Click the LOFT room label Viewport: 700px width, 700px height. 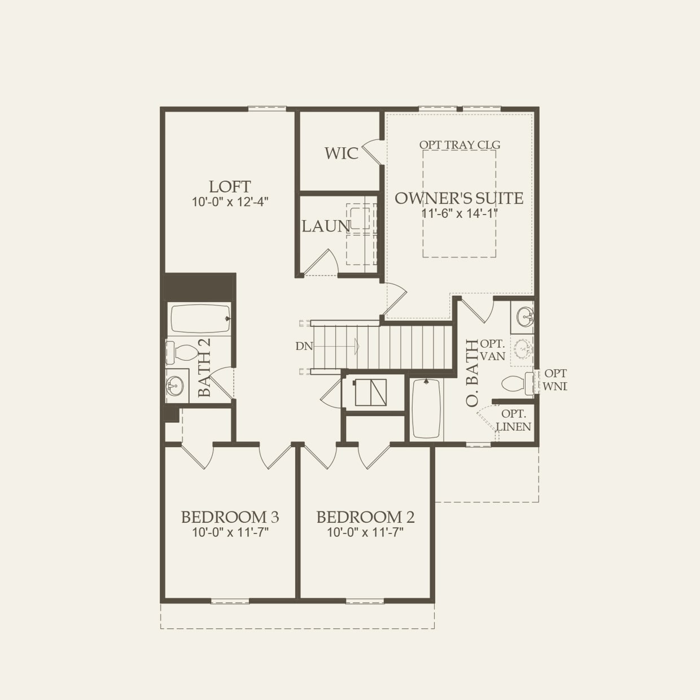click(x=230, y=187)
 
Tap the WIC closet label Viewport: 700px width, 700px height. click(x=341, y=153)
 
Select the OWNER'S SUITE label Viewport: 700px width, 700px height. click(x=459, y=198)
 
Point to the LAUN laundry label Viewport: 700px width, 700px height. click(x=325, y=226)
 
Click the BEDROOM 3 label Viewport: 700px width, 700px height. click(x=230, y=517)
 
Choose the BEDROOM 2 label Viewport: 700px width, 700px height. click(x=365, y=517)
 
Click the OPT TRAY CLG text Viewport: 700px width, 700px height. click(x=460, y=145)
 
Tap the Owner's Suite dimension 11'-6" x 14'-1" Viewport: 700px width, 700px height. click(x=459, y=213)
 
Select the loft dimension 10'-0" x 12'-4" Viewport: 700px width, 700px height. click(x=230, y=202)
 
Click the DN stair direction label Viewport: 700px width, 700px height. click(x=304, y=347)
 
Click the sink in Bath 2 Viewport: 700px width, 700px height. click(x=176, y=387)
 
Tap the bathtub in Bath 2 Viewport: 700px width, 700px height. click(x=200, y=320)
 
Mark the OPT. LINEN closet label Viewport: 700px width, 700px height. click(x=514, y=421)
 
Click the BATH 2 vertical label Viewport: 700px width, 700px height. click(x=204, y=367)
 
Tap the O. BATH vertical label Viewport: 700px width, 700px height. click(x=472, y=373)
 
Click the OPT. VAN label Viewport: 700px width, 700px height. click(x=492, y=350)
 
